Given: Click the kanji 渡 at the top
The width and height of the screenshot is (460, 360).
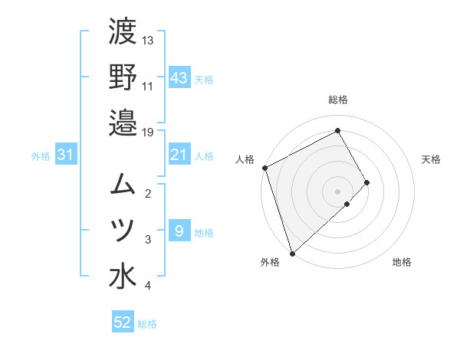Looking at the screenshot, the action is pos(123,32).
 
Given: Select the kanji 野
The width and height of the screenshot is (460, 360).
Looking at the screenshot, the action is pos(123,77).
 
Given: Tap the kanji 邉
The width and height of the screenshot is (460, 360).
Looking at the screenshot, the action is pos(123,122).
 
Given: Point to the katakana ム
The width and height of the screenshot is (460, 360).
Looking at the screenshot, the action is pos(123,184).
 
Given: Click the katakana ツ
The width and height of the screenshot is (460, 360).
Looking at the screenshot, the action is pos(123,230).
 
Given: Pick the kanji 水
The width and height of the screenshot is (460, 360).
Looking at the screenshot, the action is pos(123,276).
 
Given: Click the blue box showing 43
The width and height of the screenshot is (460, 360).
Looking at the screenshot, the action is pos(179,77).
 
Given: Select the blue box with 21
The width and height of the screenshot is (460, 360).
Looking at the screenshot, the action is pos(179,155).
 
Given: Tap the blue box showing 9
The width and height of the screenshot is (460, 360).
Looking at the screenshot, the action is pos(179,231).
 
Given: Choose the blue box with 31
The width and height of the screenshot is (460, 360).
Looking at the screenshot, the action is pos(65,155).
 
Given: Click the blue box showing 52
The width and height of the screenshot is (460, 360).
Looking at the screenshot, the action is pos(123,322).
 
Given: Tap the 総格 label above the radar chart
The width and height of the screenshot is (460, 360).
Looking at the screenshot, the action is pos(338,100).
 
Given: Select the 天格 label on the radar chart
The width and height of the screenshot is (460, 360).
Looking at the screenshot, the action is pos(432,159).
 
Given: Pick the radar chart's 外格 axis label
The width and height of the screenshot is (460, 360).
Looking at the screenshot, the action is pos(270,262).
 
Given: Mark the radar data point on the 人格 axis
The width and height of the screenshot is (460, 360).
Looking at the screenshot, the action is pos(264,168).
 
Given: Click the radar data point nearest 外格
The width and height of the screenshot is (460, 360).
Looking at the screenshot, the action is pos(292,253).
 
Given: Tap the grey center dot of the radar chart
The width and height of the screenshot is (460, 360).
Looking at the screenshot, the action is pos(337,191).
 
